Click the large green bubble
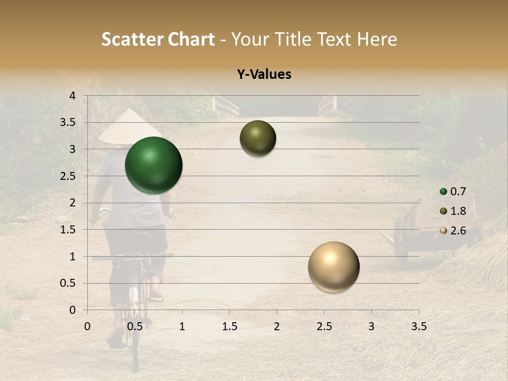[x=154, y=165]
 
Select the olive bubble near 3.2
[x=258, y=138]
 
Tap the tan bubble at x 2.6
[x=333, y=267]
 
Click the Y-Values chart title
[x=264, y=75]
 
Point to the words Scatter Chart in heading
[x=158, y=39]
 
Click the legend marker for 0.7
[x=443, y=192]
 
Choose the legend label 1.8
[x=458, y=211]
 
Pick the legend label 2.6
[x=458, y=231]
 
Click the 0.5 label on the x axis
[x=135, y=326]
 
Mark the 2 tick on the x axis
[x=277, y=326]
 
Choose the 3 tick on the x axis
[x=371, y=326]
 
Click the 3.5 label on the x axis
[x=419, y=326]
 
